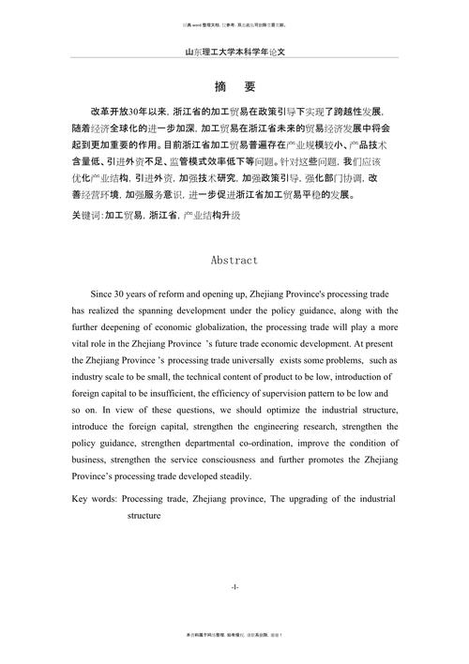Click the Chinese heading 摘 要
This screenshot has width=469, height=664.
tap(234, 87)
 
